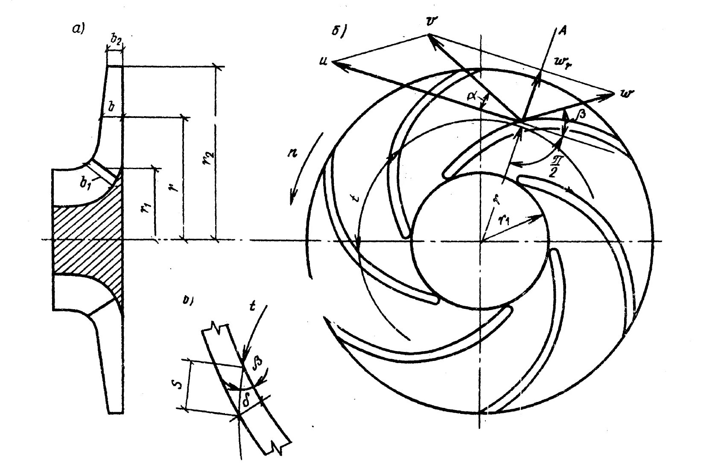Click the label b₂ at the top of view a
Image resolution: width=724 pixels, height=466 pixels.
(115, 41)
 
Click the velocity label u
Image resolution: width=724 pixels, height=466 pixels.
(323, 62)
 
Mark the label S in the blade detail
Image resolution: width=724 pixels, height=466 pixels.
(180, 384)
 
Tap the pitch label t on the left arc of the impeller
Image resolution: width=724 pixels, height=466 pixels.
(358, 197)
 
